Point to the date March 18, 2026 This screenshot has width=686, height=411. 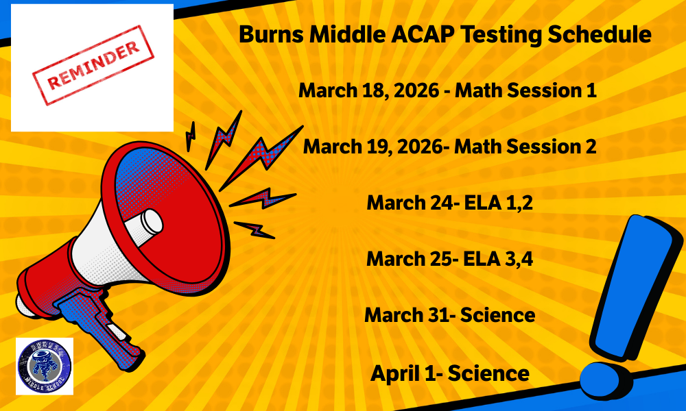coord(368,90)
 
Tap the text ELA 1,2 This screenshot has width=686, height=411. coord(488,203)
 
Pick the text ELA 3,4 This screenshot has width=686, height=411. coord(488,259)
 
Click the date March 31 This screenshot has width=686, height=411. coord(403,315)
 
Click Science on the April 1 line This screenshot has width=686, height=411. coord(491,373)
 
